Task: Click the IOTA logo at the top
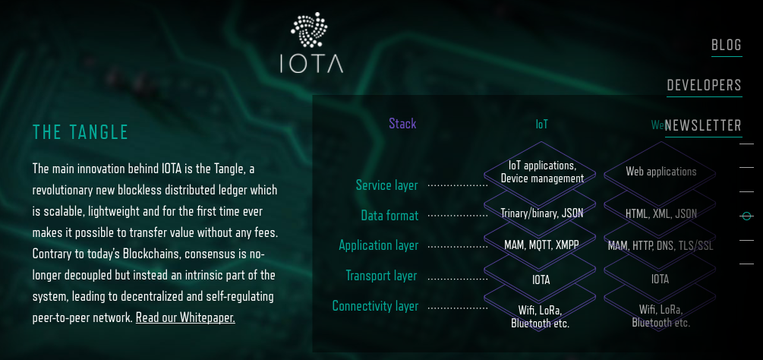(311, 43)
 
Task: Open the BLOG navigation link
(727, 46)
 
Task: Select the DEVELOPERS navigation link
(704, 85)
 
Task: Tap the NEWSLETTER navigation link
(703, 126)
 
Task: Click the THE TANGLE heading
(81, 132)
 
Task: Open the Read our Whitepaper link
(185, 317)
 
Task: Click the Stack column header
(402, 124)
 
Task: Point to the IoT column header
(541, 124)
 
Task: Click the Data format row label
(389, 216)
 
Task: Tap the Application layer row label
(378, 245)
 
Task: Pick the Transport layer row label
(381, 276)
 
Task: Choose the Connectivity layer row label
(375, 306)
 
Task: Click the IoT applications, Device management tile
(541, 172)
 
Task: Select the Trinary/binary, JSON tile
(541, 213)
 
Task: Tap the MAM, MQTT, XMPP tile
(541, 245)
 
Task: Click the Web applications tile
(661, 172)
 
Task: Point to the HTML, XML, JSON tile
(661, 213)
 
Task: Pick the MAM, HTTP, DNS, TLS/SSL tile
(661, 245)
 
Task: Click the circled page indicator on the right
(747, 216)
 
